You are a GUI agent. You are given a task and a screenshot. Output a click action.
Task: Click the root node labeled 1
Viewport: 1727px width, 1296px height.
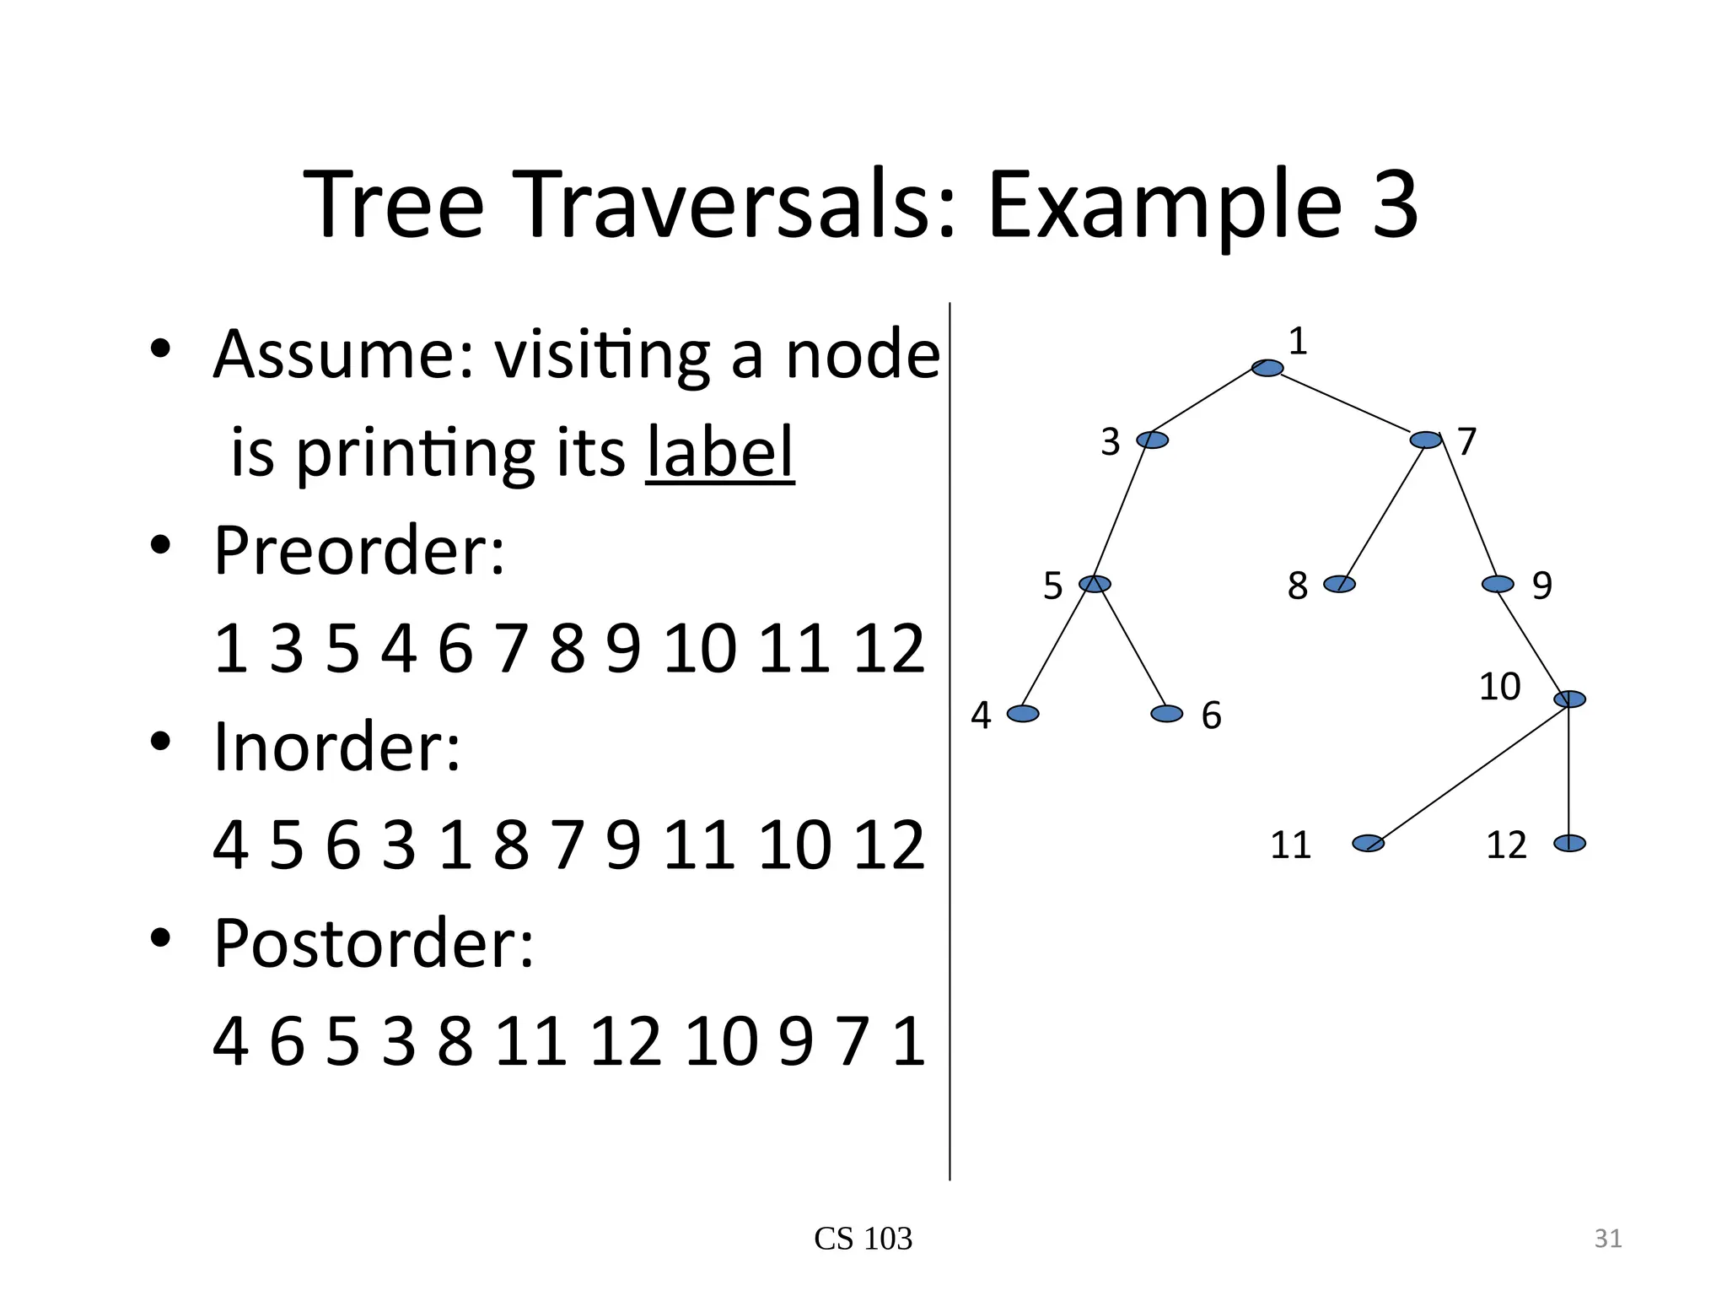pos(1267,368)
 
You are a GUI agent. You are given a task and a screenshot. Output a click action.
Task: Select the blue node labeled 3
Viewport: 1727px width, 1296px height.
pos(1153,440)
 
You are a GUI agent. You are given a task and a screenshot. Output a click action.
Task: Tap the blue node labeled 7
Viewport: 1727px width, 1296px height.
pos(1426,440)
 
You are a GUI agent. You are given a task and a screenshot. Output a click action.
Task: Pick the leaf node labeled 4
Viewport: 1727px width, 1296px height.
pos(1023,714)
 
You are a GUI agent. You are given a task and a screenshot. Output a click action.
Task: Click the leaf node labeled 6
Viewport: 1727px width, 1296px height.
pos(1167,714)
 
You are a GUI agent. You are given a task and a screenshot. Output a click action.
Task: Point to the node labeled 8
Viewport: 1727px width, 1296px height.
pos(1339,584)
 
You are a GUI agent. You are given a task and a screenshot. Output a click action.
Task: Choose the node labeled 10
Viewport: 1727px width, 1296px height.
pos(1570,699)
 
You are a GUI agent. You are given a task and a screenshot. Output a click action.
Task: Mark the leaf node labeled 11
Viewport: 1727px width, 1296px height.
pos(1368,843)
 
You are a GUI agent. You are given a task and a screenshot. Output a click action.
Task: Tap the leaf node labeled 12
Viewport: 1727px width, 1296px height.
pos(1569,843)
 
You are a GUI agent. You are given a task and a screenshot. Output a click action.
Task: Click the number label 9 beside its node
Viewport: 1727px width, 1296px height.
pos(1542,586)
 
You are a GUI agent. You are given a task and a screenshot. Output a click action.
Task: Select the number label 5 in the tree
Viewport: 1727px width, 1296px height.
pos(1053,586)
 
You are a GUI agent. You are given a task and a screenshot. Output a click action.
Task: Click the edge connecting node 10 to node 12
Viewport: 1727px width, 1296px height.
pos(1569,772)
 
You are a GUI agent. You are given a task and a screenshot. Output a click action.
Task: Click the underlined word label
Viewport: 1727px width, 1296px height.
pos(719,451)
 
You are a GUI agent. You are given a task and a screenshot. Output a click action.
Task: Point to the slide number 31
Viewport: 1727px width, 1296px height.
pos(1608,1239)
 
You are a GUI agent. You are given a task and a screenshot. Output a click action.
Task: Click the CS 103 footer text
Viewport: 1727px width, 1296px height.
pos(863,1239)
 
